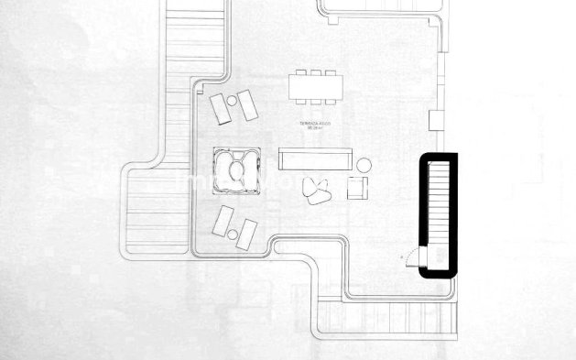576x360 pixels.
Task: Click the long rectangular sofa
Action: [316, 158]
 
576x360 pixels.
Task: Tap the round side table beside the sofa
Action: [364, 165]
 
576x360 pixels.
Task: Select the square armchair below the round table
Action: [358, 188]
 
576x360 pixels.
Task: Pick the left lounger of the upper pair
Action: [221, 108]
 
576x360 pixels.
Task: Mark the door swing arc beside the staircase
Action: [409, 256]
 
